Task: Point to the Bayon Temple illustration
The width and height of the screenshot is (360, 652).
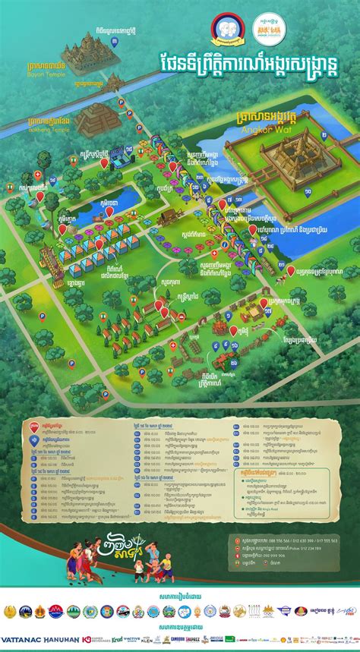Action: [85, 54]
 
